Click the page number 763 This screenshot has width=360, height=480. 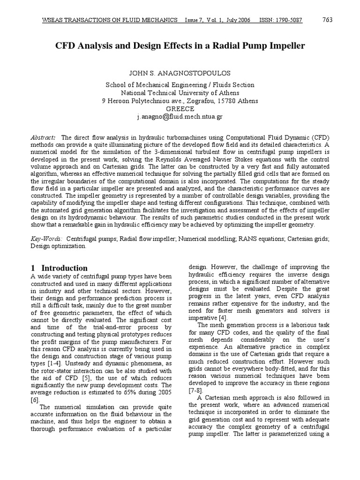tap(328, 20)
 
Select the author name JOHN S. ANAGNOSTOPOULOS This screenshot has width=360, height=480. tap(180, 74)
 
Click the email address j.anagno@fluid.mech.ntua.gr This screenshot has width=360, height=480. tap(180, 117)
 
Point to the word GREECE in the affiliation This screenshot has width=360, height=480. tap(180, 109)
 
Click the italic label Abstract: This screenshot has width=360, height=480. tap(43, 137)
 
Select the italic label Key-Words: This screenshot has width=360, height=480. tap(47, 239)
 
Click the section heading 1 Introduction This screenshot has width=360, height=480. tap(59, 268)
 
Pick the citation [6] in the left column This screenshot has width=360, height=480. tap(35, 400)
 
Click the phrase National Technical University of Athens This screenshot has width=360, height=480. tap(180, 93)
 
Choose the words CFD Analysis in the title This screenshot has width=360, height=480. tap(84, 46)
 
